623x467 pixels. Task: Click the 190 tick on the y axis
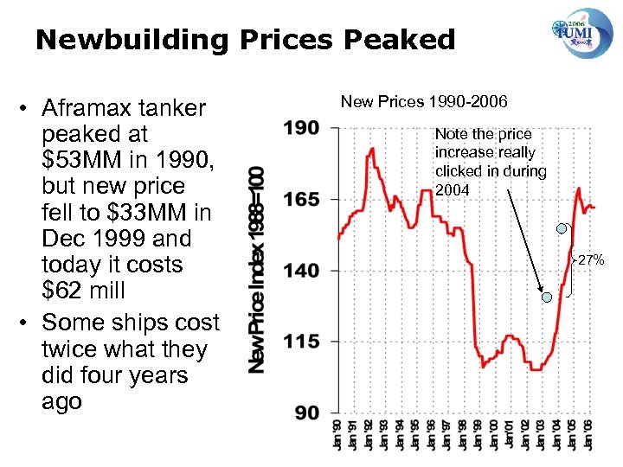click(x=301, y=128)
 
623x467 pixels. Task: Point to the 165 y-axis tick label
click(x=301, y=199)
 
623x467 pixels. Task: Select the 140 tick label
click(x=301, y=271)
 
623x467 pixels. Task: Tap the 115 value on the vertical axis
click(x=301, y=342)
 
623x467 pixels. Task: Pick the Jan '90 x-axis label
click(x=338, y=438)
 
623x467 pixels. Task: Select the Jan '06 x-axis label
click(x=590, y=438)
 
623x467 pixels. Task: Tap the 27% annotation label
click(x=591, y=259)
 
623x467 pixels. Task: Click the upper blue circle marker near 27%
click(x=562, y=228)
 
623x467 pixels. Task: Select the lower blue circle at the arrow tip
click(x=547, y=297)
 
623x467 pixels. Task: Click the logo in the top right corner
click(x=581, y=33)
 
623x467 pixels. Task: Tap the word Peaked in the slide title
click(x=404, y=39)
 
